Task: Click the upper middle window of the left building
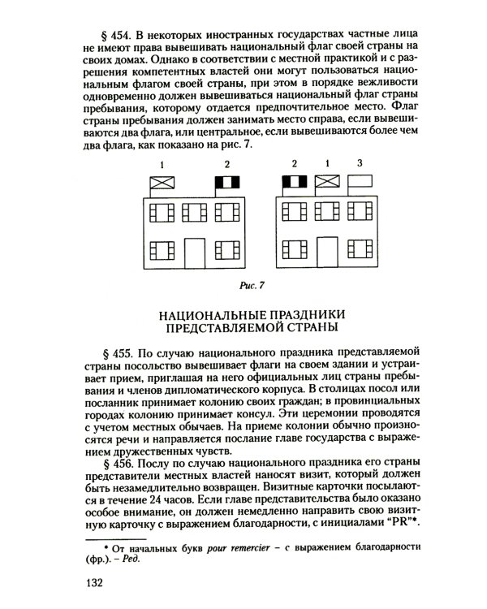pyautogui.click(x=195, y=213)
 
